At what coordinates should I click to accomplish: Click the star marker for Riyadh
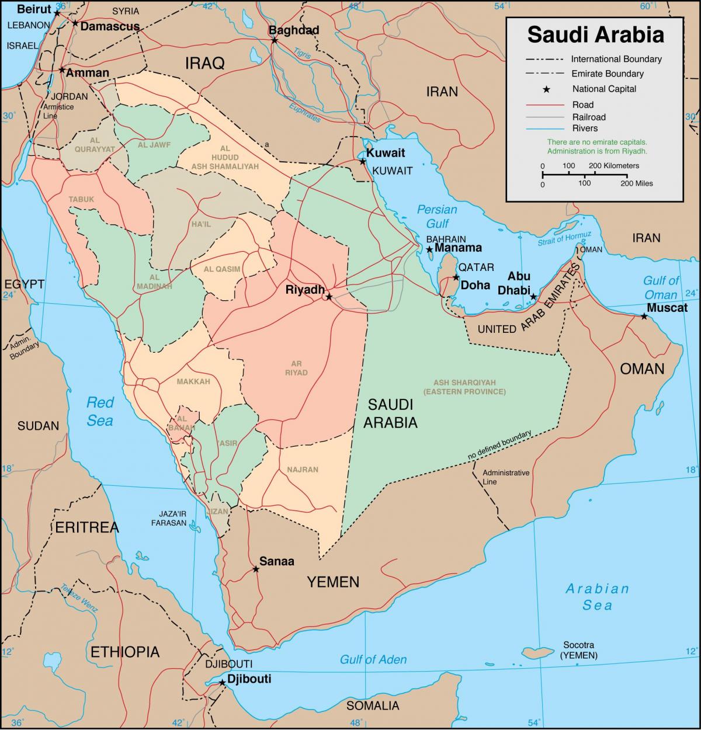pos(329,297)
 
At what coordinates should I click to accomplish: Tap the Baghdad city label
pos(293,30)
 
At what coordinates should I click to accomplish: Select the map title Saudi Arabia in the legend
pos(595,34)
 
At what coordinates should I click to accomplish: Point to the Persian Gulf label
pos(436,216)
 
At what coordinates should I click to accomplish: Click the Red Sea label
pos(99,411)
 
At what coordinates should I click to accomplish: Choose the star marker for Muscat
pos(644,316)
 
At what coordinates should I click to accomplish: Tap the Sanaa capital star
pos(255,568)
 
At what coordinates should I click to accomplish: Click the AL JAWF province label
pos(154,145)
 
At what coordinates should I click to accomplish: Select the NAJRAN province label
pos(303,470)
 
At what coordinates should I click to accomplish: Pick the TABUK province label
pos(81,199)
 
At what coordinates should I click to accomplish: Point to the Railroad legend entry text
pos(589,117)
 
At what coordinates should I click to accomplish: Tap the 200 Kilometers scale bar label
pos(614,166)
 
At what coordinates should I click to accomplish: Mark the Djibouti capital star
pos(222,682)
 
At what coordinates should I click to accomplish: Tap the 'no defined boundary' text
pos(499,445)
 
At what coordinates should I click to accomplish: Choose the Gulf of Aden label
pos(373,659)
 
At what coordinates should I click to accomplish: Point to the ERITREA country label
pos(86,527)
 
